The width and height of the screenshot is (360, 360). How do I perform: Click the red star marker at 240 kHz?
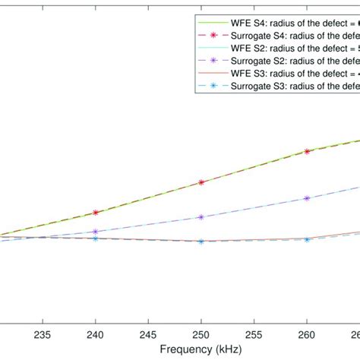click(95, 213)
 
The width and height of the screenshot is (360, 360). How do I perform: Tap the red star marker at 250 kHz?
click(201, 182)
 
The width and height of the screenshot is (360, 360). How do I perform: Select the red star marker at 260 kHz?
click(306, 151)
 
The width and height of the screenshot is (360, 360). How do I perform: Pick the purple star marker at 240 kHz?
click(95, 232)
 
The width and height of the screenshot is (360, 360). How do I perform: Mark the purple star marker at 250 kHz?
click(201, 217)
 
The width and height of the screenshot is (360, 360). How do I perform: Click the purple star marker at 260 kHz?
click(306, 198)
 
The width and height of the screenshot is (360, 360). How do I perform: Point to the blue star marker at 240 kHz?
click(95, 238)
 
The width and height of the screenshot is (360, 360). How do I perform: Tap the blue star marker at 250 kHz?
click(201, 242)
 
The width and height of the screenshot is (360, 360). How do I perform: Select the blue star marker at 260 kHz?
click(306, 239)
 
